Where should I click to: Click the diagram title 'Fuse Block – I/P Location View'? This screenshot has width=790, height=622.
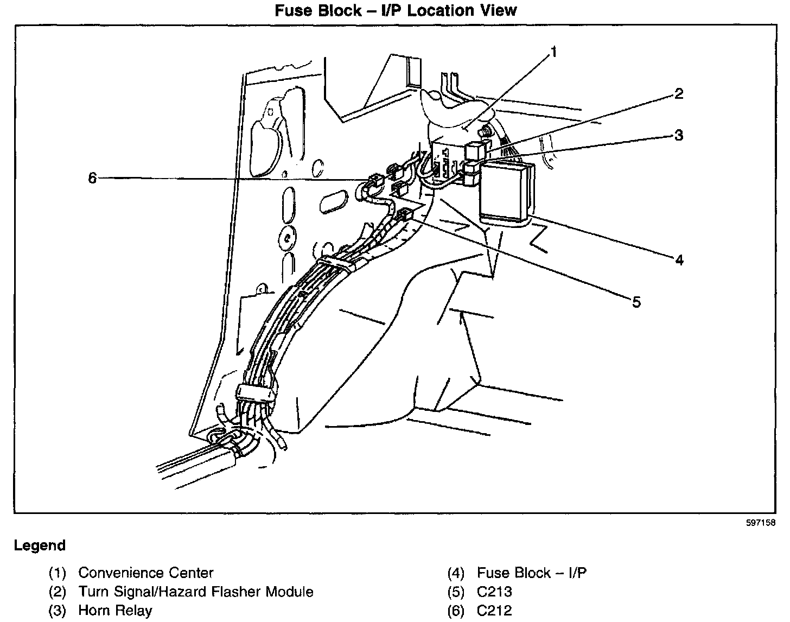[396, 10]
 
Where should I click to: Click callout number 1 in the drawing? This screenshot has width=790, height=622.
[553, 52]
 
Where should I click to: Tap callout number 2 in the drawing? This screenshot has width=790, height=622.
[678, 94]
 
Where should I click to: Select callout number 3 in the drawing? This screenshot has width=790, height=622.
[678, 135]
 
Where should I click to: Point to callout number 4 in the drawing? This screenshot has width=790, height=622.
[679, 260]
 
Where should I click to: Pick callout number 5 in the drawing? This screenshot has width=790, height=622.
[636, 302]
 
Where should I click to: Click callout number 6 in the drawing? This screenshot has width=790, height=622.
[93, 177]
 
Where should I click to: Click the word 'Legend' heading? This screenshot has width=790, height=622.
[40, 545]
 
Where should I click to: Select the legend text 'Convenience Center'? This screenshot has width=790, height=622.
[146, 573]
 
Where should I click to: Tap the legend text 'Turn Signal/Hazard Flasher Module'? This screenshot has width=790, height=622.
[196, 592]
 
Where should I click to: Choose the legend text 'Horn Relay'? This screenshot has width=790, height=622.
[115, 611]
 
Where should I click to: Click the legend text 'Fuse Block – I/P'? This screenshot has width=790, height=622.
[532, 573]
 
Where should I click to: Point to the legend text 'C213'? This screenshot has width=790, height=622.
[494, 592]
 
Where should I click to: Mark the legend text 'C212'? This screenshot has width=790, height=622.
[494, 611]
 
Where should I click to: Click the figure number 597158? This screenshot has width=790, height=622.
[760, 524]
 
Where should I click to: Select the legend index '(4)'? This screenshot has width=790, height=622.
[456, 573]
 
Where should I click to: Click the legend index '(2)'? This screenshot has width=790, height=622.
[58, 592]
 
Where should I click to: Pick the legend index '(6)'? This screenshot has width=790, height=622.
[456, 611]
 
